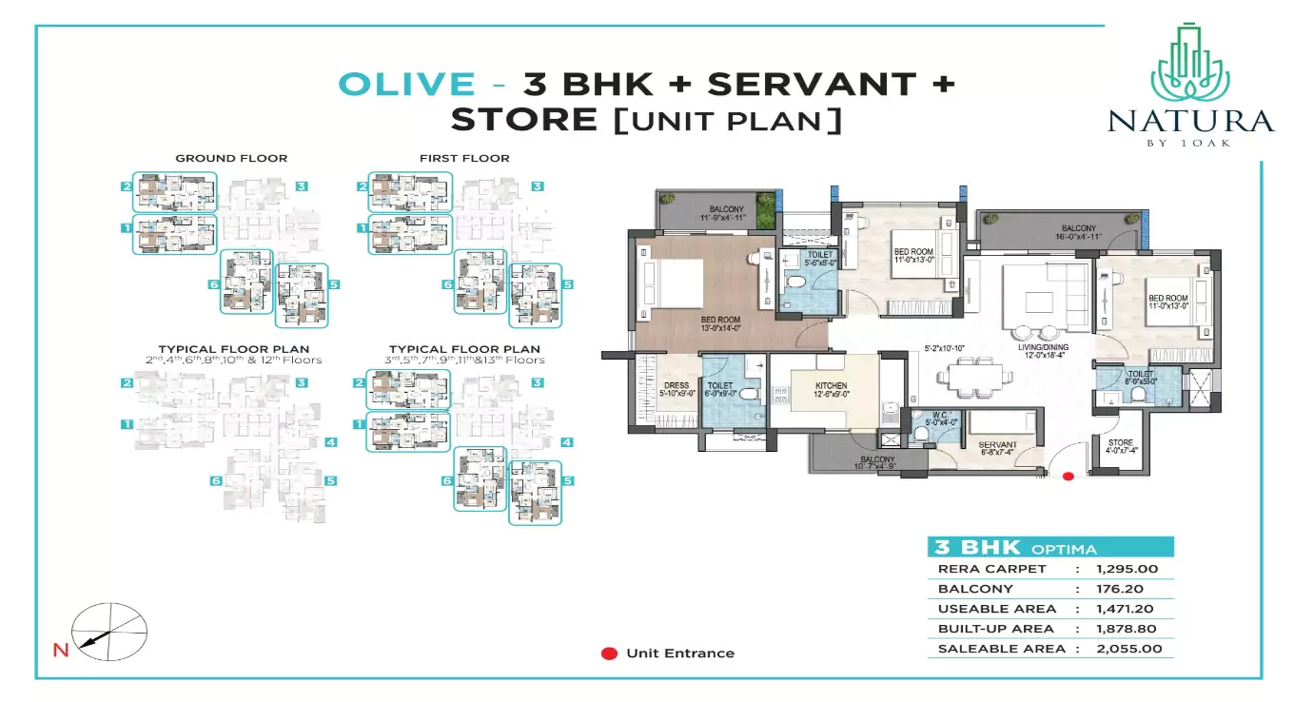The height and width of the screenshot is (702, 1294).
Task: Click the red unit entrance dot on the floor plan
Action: [1068, 477]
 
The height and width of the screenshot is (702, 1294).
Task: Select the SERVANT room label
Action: [997, 446]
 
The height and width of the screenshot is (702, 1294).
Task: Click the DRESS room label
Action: [676, 387]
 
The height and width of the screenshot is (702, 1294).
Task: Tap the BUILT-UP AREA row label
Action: [995, 629]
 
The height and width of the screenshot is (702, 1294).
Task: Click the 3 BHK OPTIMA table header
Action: [1016, 548]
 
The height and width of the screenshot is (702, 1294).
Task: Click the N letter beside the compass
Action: [60, 652]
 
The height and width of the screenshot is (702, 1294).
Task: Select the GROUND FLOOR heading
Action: [231, 158]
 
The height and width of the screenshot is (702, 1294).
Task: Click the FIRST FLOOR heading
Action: [464, 158]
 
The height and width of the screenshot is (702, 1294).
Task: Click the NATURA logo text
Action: [1189, 122]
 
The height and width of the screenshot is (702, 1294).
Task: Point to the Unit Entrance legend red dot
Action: [608, 653]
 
